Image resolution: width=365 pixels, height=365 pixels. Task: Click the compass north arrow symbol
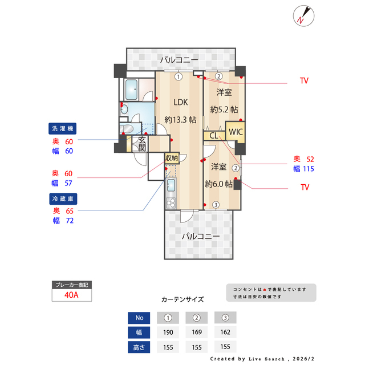pos(302,15)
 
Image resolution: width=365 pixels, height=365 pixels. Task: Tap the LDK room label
pos(181,102)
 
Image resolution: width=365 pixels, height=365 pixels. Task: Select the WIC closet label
pos(236,132)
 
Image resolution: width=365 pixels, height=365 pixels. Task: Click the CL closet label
pos(213,136)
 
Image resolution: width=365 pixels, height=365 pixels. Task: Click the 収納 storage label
pos(172,157)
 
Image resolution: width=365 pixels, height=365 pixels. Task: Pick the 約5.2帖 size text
pos(224,109)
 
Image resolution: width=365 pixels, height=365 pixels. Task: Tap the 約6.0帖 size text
pos(218,184)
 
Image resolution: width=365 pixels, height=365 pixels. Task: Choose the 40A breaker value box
pos(72,295)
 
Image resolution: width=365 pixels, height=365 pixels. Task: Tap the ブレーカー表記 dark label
pos(72,284)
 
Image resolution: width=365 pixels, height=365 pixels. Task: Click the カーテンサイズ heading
pos(182,299)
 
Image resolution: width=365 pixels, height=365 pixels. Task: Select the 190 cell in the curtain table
pos(168,332)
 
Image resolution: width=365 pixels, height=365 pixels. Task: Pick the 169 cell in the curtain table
pos(196,332)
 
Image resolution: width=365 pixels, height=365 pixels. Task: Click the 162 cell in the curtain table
pos(225,332)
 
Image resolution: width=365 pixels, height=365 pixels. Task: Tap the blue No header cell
pos(139,318)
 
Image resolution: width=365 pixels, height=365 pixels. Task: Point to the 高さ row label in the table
pos(139,347)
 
